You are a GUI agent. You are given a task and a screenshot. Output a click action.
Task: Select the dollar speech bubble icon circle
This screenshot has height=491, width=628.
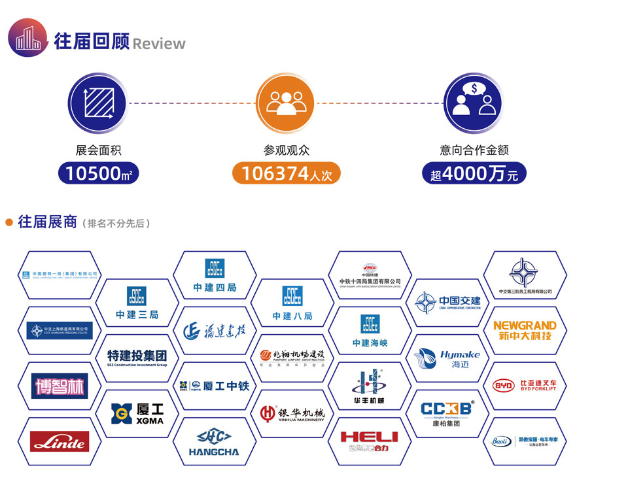pos(473,102)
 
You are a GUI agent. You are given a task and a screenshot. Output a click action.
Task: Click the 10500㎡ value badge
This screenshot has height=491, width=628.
pos(98,173)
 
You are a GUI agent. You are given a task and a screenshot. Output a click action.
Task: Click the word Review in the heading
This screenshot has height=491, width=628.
pos(159,44)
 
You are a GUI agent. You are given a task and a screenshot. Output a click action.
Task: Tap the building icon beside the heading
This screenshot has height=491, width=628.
pos(27,38)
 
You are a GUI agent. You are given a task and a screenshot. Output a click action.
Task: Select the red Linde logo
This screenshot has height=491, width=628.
pos(60,442)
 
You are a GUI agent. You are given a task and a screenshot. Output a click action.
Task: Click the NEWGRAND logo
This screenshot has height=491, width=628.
pos(525,330)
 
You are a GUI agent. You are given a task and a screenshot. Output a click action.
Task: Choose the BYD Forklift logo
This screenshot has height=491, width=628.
pos(525,385)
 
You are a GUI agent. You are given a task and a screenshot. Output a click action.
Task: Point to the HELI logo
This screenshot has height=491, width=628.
pos(369,442)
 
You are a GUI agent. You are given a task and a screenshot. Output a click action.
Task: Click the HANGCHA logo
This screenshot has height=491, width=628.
pos(214,442)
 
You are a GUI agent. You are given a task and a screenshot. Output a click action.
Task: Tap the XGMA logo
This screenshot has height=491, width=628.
pos(137,413)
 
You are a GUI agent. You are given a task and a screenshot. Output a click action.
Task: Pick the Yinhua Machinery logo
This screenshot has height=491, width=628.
pos(292,413)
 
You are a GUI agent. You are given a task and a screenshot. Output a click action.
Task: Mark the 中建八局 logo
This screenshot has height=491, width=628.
pos(292,303)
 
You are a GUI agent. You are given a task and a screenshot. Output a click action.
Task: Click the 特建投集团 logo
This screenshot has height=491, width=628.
pos(137,358)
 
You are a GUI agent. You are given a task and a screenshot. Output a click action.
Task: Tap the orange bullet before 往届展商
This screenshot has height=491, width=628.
pos(9,223)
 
